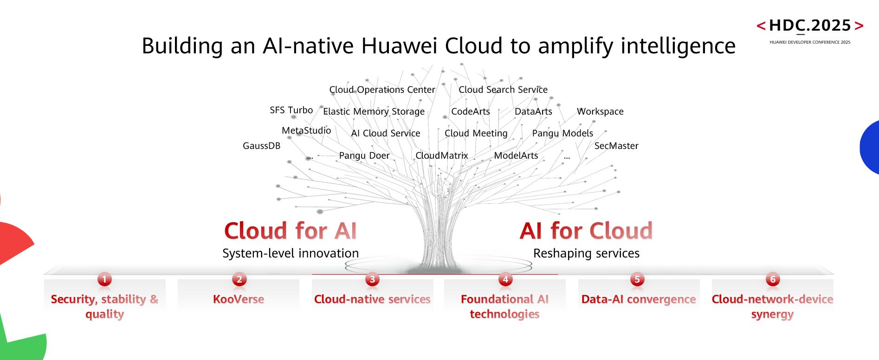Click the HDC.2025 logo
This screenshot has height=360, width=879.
(x=810, y=26)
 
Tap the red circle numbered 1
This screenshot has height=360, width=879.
(x=104, y=279)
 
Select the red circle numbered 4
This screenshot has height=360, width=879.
(x=505, y=279)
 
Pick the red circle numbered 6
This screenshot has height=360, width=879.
(x=773, y=279)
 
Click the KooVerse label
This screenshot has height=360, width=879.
(x=239, y=299)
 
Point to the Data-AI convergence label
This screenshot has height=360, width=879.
(x=638, y=299)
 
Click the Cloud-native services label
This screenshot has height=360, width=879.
(x=372, y=299)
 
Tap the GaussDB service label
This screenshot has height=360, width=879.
(x=262, y=146)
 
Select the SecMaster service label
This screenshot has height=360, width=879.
(x=616, y=146)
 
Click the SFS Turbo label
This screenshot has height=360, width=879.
(x=291, y=110)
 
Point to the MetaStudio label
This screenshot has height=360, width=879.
(x=306, y=130)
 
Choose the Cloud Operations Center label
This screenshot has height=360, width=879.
(x=382, y=90)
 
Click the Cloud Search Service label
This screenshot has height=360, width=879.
(x=503, y=90)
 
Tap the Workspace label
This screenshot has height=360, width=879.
(x=600, y=111)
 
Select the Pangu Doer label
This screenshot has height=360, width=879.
(x=364, y=155)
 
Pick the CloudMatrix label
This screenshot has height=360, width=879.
(x=442, y=155)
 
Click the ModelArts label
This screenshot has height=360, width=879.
(x=516, y=155)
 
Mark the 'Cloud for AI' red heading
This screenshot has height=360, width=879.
(x=291, y=231)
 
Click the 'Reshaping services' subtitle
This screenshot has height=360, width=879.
(x=586, y=253)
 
